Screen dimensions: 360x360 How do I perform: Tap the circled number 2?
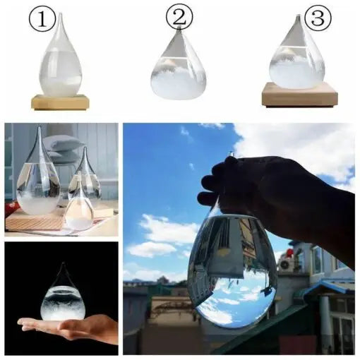tap(179, 16)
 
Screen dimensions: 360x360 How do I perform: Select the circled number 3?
tap(316, 17)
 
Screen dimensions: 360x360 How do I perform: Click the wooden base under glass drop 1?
tap(60, 102)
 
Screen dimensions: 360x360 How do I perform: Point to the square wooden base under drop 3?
tap(299, 95)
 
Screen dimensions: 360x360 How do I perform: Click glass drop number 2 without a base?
tap(179, 67)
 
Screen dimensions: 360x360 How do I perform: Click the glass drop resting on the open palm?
tap(63, 297)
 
